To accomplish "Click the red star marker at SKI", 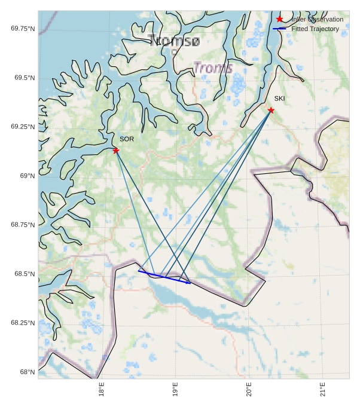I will coord(271,110).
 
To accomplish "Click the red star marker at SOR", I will coord(116,150).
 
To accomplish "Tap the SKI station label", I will coord(280,98).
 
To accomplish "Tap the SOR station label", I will coord(127,139).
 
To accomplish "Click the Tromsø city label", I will coord(174,40).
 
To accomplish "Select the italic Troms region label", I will coord(213,68).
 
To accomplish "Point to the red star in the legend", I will coord(279,19).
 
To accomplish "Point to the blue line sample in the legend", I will coord(279,29).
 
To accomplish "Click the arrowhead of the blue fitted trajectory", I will coord(190,283).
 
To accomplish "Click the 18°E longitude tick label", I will coord(102,389).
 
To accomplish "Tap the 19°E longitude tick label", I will coord(176,389).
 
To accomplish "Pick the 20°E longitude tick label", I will coord(249,389).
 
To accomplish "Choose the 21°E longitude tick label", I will coord(323,389).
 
